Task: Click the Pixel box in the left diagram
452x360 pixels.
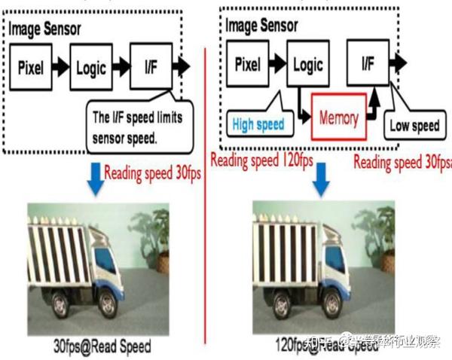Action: [30, 68]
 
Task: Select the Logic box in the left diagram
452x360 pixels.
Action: [90, 68]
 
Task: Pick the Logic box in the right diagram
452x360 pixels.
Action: [307, 65]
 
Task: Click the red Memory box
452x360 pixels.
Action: [338, 118]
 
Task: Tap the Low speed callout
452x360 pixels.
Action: [414, 125]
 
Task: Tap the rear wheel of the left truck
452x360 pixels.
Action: [61, 307]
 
